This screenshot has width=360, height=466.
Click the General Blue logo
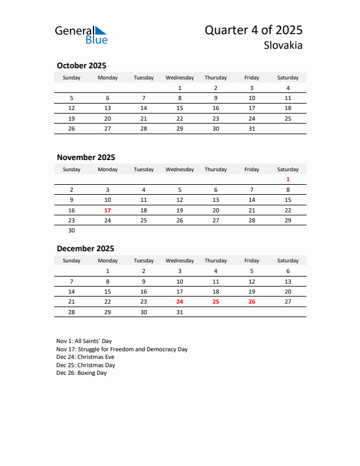click(x=81, y=35)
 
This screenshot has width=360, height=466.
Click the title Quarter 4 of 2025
click(x=254, y=31)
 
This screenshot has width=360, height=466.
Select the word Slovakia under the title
click(x=284, y=45)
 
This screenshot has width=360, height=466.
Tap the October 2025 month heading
click(x=81, y=65)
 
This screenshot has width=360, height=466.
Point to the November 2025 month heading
click(x=86, y=157)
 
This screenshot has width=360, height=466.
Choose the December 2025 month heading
click(x=85, y=248)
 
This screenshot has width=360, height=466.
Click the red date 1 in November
click(x=288, y=179)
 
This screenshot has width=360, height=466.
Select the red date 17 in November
click(x=108, y=210)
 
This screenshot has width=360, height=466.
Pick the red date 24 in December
click(x=179, y=301)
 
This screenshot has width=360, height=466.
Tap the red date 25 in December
click(x=215, y=301)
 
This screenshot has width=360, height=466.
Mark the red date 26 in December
click(x=252, y=301)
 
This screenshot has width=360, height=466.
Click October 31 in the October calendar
click(x=252, y=129)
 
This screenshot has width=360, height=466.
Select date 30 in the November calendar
click(x=72, y=231)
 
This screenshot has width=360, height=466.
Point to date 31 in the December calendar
click(x=179, y=312)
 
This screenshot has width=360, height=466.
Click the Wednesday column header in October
click(x=179, y=78)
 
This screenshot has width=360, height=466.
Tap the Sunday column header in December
click(x=72, y=261)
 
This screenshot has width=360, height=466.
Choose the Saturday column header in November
click(x=288, y=169)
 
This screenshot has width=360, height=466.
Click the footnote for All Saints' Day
click(x=84, y=341)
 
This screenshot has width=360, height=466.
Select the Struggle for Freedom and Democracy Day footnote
click(x=122, y=349)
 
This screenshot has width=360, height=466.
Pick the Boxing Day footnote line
click(x=82, y=373)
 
